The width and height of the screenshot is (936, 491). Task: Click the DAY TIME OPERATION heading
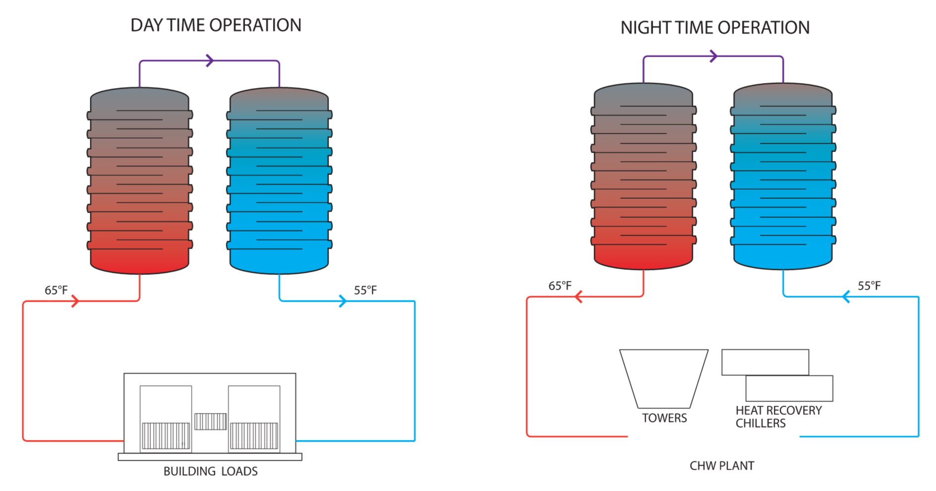[x=215, y=25]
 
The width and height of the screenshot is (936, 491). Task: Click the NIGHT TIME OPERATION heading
[x=715, y=28]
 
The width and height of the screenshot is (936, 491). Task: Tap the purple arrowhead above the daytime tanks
[x=210, y=61]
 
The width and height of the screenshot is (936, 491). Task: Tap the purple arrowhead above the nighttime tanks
[x=714, y=56]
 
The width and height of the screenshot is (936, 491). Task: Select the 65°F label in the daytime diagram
[x=56, y=290]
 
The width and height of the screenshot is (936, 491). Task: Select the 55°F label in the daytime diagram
[x=365, y=290]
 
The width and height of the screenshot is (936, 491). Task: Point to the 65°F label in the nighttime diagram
[x=560, y=286]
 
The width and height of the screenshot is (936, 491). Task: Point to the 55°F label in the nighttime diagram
[x=869, y=286]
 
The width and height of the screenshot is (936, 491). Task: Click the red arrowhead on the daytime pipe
[x=75, y=301]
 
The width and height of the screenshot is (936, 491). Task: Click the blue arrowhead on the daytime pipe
[x=342, y=301]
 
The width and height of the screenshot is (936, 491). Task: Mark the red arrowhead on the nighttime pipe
[x=578, y=297]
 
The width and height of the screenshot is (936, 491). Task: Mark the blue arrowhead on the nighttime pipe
[x=846, y=297]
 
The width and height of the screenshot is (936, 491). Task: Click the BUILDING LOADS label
[x=210, y=471]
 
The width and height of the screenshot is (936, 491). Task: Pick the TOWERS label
[x=664, y=418]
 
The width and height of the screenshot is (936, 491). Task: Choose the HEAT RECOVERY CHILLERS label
[x=778, y=417]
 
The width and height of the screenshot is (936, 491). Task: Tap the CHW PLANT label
[x=722, y=466]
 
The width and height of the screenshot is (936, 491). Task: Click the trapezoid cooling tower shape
[x=664, y=378]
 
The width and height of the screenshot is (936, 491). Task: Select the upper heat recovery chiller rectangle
[x=765, y=362]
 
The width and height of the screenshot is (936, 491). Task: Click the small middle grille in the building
[x=210, y=421]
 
